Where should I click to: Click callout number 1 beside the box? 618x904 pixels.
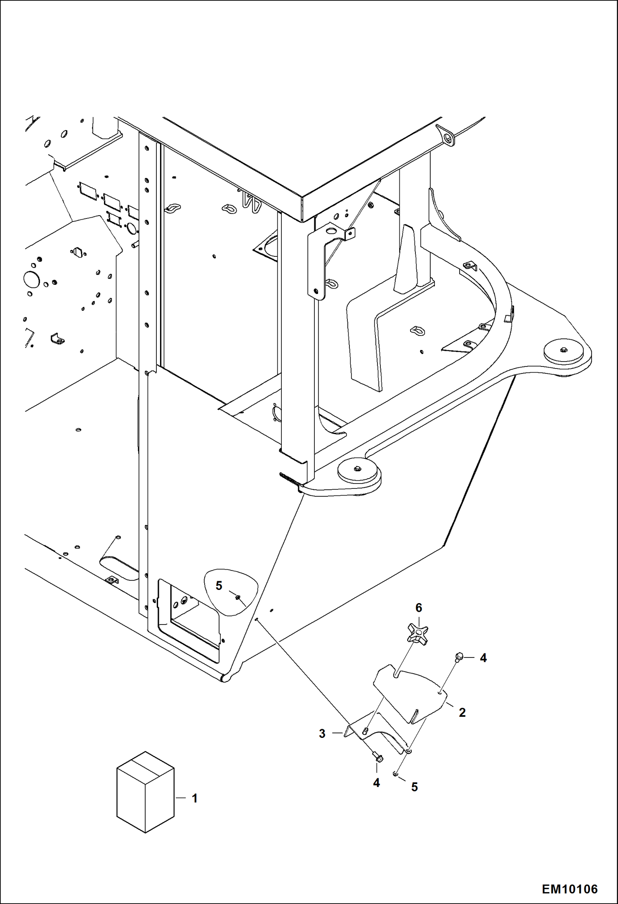point(194,798)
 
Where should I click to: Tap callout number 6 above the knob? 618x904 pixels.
point(419,608)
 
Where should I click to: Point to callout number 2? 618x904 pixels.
point(462,712)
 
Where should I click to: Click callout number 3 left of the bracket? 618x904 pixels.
point(322,733)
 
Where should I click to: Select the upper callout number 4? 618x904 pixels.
point(483,658)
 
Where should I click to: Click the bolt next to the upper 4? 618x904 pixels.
point(458,657)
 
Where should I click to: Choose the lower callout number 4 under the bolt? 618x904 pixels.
point(376,782)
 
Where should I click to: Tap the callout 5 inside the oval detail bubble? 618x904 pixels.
point(219,585)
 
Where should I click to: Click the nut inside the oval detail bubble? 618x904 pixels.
point(238,597)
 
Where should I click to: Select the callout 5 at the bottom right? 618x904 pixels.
point(414,787)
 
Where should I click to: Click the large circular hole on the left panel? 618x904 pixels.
point(31,279)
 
